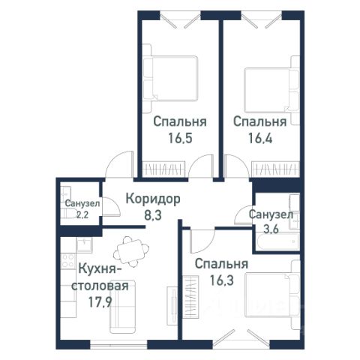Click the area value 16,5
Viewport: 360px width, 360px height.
[x=180, y=138]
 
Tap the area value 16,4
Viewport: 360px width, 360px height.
[x=260, y=138]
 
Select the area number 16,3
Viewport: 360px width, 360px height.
[x=221, y=280]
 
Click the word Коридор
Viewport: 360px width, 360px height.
[x=153, y=199]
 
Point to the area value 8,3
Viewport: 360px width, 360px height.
[x=153, y=214]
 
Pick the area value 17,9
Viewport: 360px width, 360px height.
[x=100, y=302]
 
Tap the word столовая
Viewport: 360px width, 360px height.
[x=100, y=286]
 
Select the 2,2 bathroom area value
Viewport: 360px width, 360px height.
[x=82, y=214]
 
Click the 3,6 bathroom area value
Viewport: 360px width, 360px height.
[x=271, y=229]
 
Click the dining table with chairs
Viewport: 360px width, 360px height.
[x=131, y=251]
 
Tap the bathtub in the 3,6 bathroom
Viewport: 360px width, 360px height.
[x=277, y=241]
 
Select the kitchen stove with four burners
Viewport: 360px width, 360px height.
[x=68, y=260]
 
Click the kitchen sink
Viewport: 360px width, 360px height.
[x=84, y=244]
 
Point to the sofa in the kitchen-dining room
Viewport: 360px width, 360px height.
[x=123, y=307]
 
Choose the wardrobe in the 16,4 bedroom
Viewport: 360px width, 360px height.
[x=276, y=169]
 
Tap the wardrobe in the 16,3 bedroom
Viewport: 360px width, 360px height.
[x=190, y=297]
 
